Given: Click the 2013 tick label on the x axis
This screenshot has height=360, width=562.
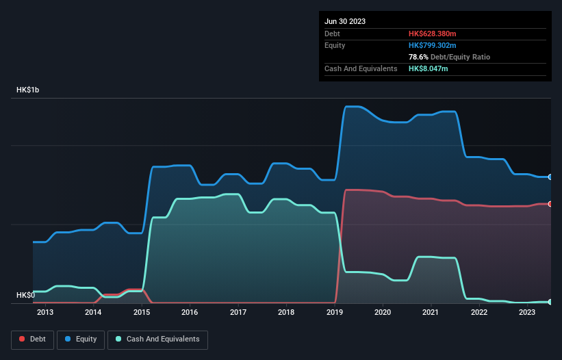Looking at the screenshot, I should point(45,313).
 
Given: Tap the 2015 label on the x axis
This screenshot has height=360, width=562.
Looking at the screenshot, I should point(142,313).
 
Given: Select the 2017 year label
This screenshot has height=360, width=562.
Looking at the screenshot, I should point(238,313).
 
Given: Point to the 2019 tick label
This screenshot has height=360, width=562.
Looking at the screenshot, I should point(335,313).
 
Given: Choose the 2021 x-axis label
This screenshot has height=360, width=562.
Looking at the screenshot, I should point(431,313).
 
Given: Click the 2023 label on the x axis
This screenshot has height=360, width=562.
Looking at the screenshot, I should point(527,313).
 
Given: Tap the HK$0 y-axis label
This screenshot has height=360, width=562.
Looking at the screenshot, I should point(26,296).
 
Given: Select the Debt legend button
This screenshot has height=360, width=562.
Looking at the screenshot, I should point(33,339).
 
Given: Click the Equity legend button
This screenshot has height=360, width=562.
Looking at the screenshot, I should point(81,339).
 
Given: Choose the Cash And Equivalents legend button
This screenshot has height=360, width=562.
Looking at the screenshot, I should point(157,339).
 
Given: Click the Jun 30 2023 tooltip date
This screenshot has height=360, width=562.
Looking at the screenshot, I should point(345,21).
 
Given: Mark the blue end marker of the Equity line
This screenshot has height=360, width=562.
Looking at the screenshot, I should point(550,177).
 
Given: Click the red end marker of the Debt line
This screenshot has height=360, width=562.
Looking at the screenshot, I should point(550,204).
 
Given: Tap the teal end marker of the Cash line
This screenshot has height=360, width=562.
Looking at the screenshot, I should point(550,302).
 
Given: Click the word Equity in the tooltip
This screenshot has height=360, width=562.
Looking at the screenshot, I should point(335,45).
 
